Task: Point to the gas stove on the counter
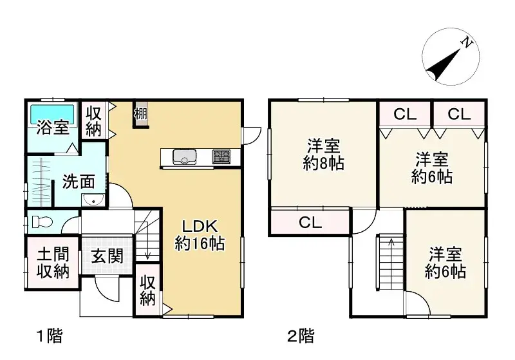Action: click(221, 156)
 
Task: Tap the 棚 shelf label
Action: click(141, 114)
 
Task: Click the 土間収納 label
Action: click(52, 263)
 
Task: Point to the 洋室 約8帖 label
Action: click(323, 154)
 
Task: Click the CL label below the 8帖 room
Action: click(310, 223)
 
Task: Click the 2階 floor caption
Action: click(301, 336)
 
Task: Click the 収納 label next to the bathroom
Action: click(94, 120)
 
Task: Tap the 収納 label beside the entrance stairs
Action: click(148, 290)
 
